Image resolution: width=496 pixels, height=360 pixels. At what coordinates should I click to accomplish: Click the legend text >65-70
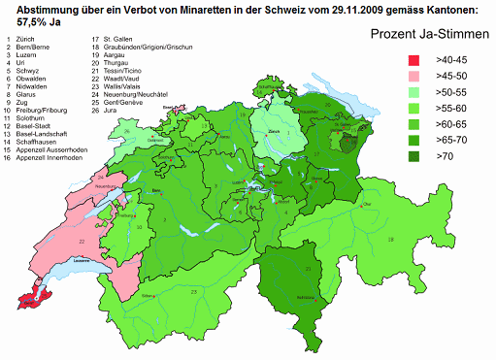(451, 140)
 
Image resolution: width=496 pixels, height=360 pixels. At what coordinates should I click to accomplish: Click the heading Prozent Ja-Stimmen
(426, 35)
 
